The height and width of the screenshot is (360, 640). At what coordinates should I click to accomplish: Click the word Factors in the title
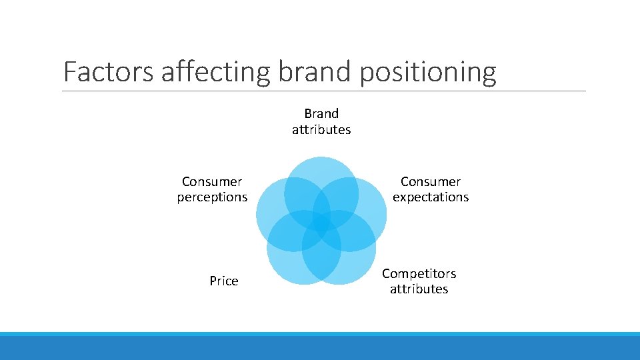[x=108, y=72]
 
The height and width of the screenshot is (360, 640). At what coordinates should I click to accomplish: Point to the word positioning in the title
[x=428, y=72]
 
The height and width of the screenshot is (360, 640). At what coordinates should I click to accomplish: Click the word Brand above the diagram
[x=321, y=113]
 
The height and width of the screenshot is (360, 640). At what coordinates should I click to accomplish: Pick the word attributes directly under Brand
[x=321, y=129]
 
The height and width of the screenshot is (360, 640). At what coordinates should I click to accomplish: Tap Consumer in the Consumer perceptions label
[x=212, y=181]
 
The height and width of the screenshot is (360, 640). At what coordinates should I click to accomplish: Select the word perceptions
[x=212, y=197]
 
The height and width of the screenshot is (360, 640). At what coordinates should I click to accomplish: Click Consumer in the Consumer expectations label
[x=431, y=181]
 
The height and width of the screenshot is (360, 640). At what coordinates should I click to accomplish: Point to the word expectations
[x=431, y=197]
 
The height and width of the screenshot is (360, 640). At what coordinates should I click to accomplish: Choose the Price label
[x=223, y=281]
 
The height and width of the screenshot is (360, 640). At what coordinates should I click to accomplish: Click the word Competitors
[x=419, y=273]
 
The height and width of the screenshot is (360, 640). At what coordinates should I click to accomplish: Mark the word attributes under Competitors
[x=419, y=289]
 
